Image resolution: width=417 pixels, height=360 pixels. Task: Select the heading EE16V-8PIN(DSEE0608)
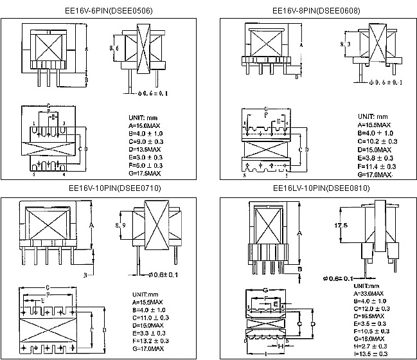[x=315, y=11]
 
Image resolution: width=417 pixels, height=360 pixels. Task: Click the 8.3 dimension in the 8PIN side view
[x=345, y=44]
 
